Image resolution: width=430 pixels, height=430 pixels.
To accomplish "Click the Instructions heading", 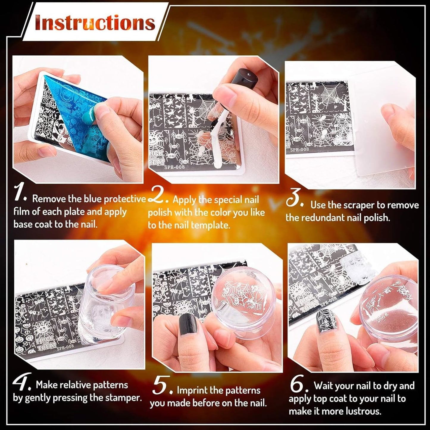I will click(x=95, y=23).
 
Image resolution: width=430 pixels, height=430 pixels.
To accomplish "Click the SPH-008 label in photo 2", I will click(x=174, y=167).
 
